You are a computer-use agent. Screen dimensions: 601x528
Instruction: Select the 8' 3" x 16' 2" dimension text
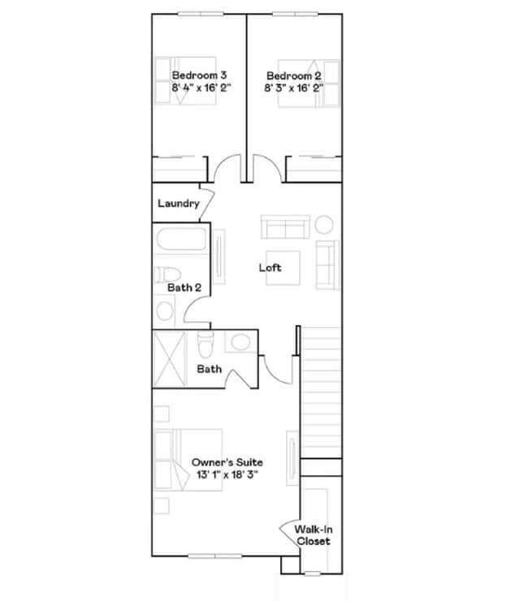(x=294, y=87)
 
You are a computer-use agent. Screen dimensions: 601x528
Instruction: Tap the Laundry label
(x=178, y=203)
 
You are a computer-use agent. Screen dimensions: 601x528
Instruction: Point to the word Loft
(x=270, y=267)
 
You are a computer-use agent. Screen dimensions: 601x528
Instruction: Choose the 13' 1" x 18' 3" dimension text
(x=227, y=474)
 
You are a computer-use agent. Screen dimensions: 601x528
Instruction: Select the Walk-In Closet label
(x=313, y=535)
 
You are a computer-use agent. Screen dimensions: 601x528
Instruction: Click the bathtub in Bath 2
(x=181, y=241)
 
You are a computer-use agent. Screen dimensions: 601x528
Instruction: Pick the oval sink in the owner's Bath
(x=240, y=342)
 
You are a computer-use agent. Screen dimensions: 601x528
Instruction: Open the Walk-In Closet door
(x=289, y=532)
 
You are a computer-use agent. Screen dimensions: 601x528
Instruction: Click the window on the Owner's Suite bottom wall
(x=214, y=556)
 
